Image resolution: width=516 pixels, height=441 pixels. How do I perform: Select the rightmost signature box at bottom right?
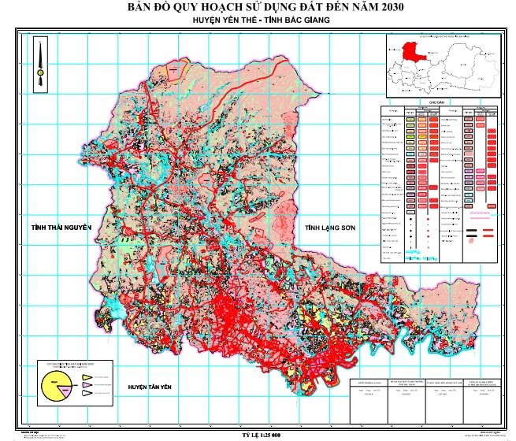482,398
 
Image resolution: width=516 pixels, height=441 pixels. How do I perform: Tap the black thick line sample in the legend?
472,233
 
